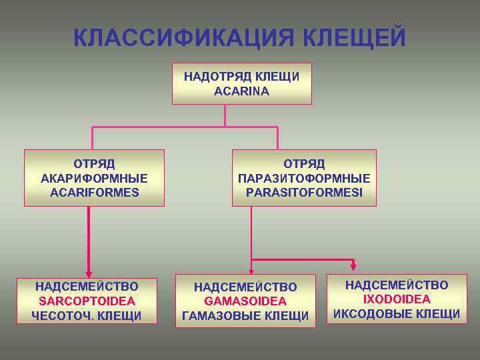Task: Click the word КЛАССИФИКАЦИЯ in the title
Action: click(x=184, y=38)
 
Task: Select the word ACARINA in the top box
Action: click(x=242, y=91)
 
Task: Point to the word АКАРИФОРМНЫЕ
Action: click(x=94, y=178)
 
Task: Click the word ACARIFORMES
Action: click(x=94, y=193)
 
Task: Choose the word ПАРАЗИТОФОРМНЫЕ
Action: click(x=304, y=178)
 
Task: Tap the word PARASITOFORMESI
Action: click(x=304, y=193)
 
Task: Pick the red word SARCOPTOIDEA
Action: click(x=87, y=301)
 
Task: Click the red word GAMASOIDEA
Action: click(x=245, y=301)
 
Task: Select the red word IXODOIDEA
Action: click(x=397, y=299)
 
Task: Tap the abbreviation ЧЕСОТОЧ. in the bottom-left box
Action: click(x=63, y=316)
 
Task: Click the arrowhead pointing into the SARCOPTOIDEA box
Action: click(x=87, y=270)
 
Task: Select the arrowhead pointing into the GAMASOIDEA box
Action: click(x=251, y=269)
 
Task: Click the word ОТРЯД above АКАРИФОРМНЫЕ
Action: click(x=94, y=163)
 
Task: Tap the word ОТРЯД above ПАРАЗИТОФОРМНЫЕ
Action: click(x=304, y=163)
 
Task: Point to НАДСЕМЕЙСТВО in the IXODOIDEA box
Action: click(x=397, y=285)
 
